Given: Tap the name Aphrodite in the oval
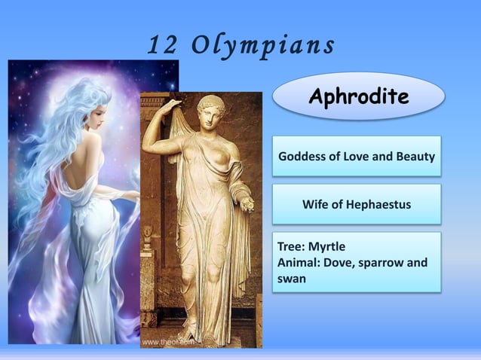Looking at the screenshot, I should point(358,96).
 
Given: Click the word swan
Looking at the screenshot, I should point(291,279).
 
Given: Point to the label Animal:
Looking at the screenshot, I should point(300,262).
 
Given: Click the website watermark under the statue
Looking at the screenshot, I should point(168,341).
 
